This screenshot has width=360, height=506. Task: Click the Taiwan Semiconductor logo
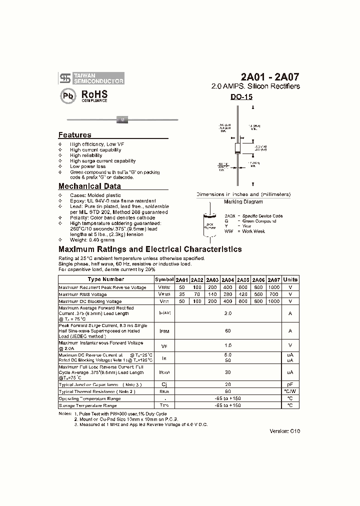pyautogui.click(x=91, y=77)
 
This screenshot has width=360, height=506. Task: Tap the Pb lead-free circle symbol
pyautogui.click(x=68, y=96)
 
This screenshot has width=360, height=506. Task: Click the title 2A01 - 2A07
pyautogui.click(x=270, y=77)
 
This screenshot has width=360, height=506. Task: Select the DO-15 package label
pyautogui.click(x=241, y=97)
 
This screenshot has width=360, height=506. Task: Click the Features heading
pyautogui.click(x=75, y=135)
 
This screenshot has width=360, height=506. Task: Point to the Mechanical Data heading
pyautogui.click(x=89, y=186)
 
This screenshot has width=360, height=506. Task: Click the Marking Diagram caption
pyautogui.click(x=243, y=201)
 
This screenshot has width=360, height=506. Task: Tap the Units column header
pyautogui.click(x=290, y=279)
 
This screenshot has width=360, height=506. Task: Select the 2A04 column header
pyautogui.click(x=228, y=279)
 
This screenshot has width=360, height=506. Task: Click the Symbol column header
pyautogui.click(x=164, y=279)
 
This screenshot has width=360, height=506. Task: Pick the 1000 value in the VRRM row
pyautogui.click(x=273, y=287)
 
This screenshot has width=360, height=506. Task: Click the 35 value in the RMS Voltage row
pyautogui.click(x=182, y=294)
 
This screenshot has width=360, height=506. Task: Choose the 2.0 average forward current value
pyautogui.click(x=228, y=312)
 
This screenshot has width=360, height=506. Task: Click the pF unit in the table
pyautogui.click(x=290, y=384)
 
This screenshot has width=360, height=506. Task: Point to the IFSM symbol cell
pyautogui.click(x=164, y=330)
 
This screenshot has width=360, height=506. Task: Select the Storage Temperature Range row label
pyautogui.click(x=89, y=405)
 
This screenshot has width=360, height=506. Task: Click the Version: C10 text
pyautogui.click(x=285, y=430)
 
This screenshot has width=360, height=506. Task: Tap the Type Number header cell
pyautogui.click(x=105, y=279)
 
